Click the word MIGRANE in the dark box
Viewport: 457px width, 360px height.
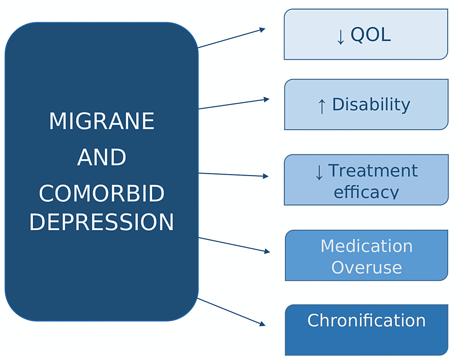click(102, 121)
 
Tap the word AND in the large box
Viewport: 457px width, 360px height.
click(102, 158)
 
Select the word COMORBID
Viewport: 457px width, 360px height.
click(102, 194)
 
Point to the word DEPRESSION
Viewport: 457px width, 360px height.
click(102, 222)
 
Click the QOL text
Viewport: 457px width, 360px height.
click(370, 35)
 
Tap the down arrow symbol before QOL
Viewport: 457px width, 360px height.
click(341, 37)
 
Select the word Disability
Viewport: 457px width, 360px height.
click(371, 105)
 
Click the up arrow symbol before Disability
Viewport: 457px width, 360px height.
click(322, 106)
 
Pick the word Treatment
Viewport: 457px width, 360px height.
click(373, 171)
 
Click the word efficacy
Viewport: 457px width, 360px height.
click(366, 192)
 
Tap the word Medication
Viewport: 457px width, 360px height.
click(367, 246)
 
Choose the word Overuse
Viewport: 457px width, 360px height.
click(367, 267)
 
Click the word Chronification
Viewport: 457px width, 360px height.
click(366, 321)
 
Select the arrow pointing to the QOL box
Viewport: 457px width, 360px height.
click(231, 38)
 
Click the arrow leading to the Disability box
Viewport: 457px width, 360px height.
click(234, 104)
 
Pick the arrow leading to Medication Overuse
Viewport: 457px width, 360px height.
click(234, 245)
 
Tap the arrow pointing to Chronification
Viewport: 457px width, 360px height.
click(231, 311)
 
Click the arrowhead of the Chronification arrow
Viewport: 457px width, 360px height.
click(262, 324)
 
